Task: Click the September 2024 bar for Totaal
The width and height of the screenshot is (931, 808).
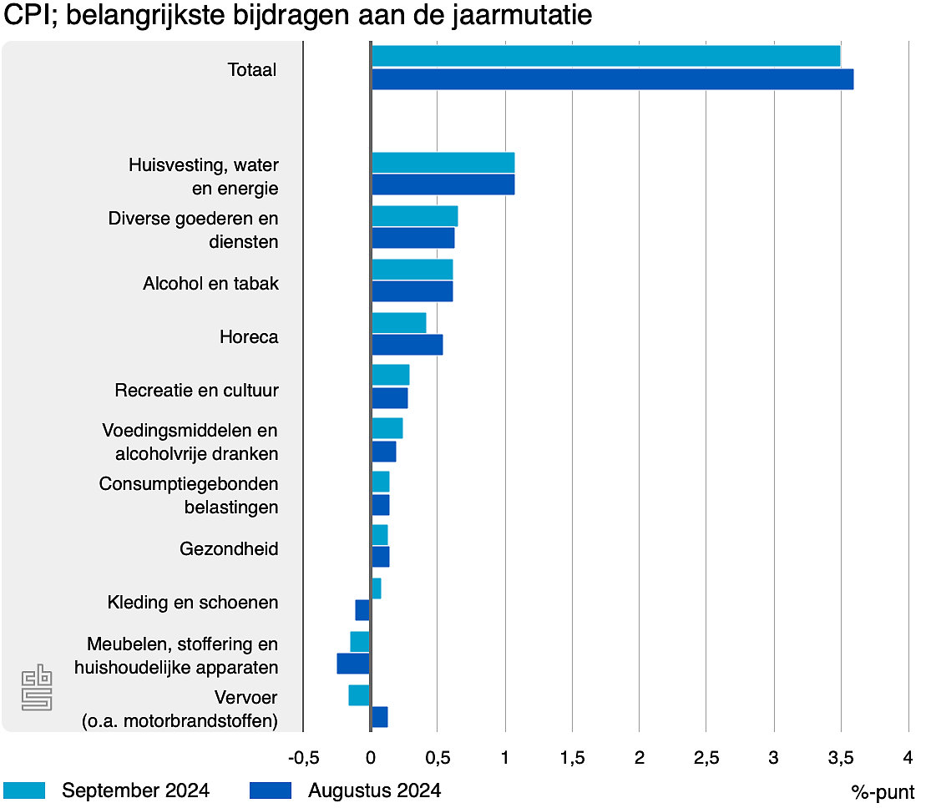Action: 605,56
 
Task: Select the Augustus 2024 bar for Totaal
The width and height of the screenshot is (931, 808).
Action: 612,79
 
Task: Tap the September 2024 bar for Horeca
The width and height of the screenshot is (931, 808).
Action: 398,323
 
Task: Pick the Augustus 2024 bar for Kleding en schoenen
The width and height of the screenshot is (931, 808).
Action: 362,610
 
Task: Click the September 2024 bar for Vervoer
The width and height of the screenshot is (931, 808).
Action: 359,695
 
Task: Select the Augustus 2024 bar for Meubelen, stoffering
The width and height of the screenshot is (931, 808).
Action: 353,664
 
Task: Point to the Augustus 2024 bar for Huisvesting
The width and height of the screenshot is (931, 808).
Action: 443,184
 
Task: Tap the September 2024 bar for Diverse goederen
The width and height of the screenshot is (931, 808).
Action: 414,216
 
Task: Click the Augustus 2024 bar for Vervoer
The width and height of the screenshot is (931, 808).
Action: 379,717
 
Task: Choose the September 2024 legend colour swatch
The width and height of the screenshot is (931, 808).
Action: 24,790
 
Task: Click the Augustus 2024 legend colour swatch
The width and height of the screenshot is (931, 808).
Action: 271,790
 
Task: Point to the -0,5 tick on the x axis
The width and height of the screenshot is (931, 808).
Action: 303,758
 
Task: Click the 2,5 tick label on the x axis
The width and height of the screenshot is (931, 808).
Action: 706,758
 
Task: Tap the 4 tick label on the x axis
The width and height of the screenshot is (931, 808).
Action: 908,758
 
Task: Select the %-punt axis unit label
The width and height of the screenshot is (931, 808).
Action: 883,791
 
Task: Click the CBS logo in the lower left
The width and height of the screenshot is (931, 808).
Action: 36,687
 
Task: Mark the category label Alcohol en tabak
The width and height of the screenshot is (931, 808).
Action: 210,284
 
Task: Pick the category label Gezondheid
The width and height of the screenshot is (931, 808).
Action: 229,549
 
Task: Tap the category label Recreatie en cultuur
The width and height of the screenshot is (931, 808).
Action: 196,391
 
